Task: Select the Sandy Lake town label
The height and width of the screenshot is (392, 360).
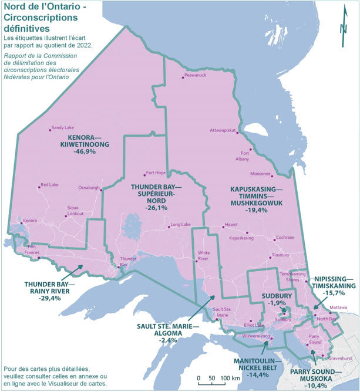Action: (62, 127)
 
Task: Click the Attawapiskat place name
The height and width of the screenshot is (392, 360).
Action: (223, 130)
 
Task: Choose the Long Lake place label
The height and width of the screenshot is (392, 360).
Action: (180, 225)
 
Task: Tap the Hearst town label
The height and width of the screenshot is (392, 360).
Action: (231, 225)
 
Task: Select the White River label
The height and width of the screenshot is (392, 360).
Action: (204, 256)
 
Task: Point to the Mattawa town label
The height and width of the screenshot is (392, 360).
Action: (338, 307)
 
